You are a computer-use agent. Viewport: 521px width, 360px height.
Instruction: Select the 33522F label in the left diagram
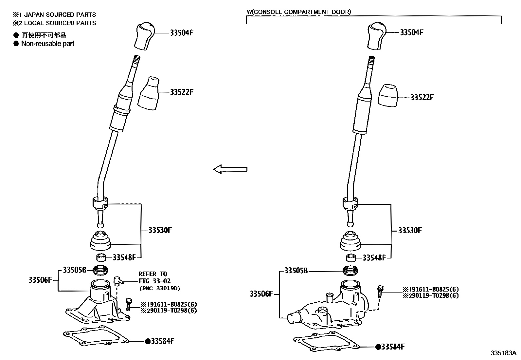tap(182, 92)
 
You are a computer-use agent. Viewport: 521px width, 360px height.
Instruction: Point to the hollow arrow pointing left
tap(230, 169)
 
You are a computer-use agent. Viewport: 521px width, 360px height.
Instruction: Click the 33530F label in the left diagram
tap(160, 230)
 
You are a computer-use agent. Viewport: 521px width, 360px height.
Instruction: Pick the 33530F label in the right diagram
tap(410, 230)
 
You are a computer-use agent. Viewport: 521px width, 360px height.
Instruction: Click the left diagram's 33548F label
tap(124, 257)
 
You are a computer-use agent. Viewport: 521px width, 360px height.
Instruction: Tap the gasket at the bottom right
tap(327, 344)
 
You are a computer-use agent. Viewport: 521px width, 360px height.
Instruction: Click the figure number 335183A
tap(503, 353)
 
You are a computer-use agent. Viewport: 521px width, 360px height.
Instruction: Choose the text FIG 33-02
tap(154, 281)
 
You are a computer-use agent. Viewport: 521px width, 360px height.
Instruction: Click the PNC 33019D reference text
tap(160, 289)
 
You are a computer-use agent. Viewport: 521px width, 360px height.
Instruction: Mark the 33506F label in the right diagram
tap(261, 294)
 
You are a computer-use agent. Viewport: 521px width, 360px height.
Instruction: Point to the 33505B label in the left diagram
tap(74, 270)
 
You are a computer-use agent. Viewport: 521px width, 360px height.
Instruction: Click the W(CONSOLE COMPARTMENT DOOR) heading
tap(299, 12)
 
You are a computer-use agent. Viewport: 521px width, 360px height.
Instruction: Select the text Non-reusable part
tap(48, 44)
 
